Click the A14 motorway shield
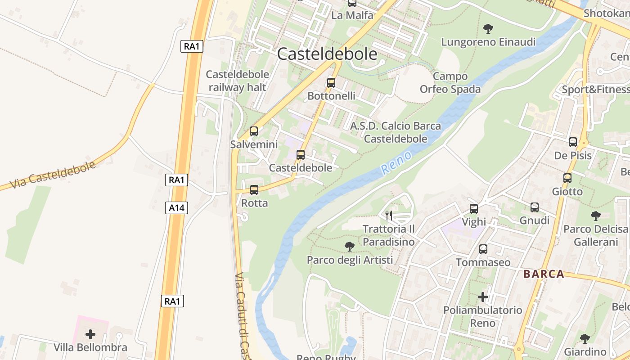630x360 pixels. point(176,208)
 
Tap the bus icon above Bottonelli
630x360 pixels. point(331,83)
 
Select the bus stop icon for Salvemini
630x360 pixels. point(254,131)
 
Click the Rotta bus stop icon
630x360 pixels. point(254,190)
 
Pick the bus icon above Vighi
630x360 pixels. point(474,209)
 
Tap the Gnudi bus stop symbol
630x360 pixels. point(535,207)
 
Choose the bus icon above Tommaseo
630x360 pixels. point(483,249)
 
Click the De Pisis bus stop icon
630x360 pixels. point(573,142)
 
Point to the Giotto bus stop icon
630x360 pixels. point(567,178)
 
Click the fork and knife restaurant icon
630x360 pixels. point(389,216)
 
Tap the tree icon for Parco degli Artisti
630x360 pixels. point(349,247)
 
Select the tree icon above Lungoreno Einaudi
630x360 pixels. point(488,29)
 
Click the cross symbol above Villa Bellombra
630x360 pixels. point(90,334)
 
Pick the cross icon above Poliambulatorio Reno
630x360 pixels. point(483,297)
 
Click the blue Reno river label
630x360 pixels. point(396,163)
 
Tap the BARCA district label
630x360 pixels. point(544,274)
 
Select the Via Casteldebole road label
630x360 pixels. point(53,175)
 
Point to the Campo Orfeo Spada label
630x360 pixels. point(450,83)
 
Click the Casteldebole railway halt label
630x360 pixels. point(237,81)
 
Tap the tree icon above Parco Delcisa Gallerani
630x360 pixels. point(596,216)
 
